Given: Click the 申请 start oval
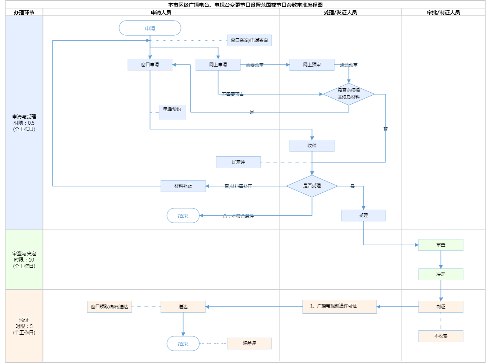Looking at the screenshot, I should pyautogui.click(x=150, y=28).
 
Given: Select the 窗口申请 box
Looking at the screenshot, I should pyautogui.click(x=150, y=65).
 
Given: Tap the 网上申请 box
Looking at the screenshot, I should pyautogui.click(x=218, y=65).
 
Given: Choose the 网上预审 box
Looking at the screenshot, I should pyautogui.click(x=312, y=65).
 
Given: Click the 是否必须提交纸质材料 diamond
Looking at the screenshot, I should pyautogui.click(x=349, y=94).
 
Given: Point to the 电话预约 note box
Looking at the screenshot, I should pyautogui.click(x=172, y=112).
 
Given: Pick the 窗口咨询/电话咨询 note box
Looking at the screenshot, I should pyautogui.click(x=249, y=40).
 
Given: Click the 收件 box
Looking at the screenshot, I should pyautogui.click(x=312, y=146).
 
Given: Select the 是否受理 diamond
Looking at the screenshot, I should pyautogui.click(x=312, y=186).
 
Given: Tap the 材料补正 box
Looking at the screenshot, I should pyautogui.click(x=183, y=186).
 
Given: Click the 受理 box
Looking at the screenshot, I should pyautogui.click(x=363, y=216).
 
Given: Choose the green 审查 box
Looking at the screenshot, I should pyautogui.click(x=441, y=245).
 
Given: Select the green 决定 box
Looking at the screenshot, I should pyautogui.click(x=441, y=274).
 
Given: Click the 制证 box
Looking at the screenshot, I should pyautogui.click(x=441, y=307).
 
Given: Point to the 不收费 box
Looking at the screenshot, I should pyautogui.click(x=441, y=336).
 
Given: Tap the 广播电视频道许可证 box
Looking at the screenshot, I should pyautogui.click(x=339, y=306).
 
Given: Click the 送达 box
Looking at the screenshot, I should pyautogui.click(x=183, y=307).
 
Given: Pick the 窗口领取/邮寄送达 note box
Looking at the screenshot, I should pyautogui.click(x=109, y=307).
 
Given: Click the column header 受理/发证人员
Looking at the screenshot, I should pyautogui.click(x=340, y=13).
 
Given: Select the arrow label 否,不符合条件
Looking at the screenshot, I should pyautogui.click(x=238, y=216).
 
